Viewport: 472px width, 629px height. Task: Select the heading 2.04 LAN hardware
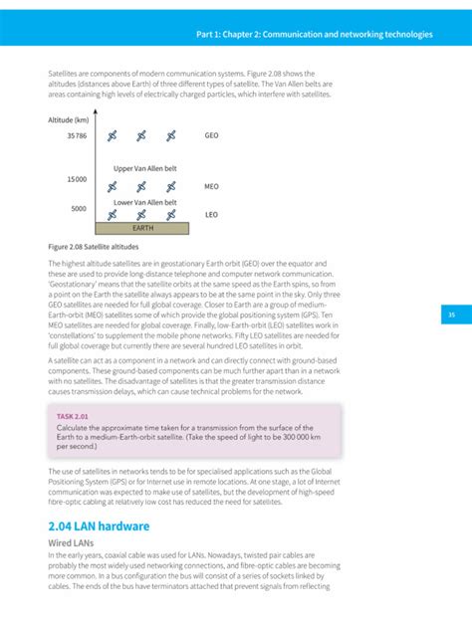click(100, 525)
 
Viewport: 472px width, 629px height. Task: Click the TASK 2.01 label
click(73, 417)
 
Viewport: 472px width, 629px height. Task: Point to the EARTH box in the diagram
click(143, 228)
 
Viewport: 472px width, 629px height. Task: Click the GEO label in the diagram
click(211, 135)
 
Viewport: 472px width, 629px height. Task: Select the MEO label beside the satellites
click(211, 186)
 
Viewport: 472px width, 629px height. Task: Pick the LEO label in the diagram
click(211, 214)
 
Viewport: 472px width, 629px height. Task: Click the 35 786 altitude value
click(74, 135)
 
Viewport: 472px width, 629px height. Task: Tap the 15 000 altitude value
click(77, 179)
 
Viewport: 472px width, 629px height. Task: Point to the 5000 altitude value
click(79, 208)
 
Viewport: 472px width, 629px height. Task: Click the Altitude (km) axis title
click(69, 119)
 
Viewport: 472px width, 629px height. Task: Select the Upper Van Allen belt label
click(144, 168)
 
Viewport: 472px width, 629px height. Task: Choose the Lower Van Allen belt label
click(144, 201)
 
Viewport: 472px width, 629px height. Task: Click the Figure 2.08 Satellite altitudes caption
click(95, 245)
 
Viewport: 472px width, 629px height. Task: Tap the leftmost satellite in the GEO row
click(113, 135)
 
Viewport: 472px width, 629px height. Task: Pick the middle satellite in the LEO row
click(141, 214)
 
